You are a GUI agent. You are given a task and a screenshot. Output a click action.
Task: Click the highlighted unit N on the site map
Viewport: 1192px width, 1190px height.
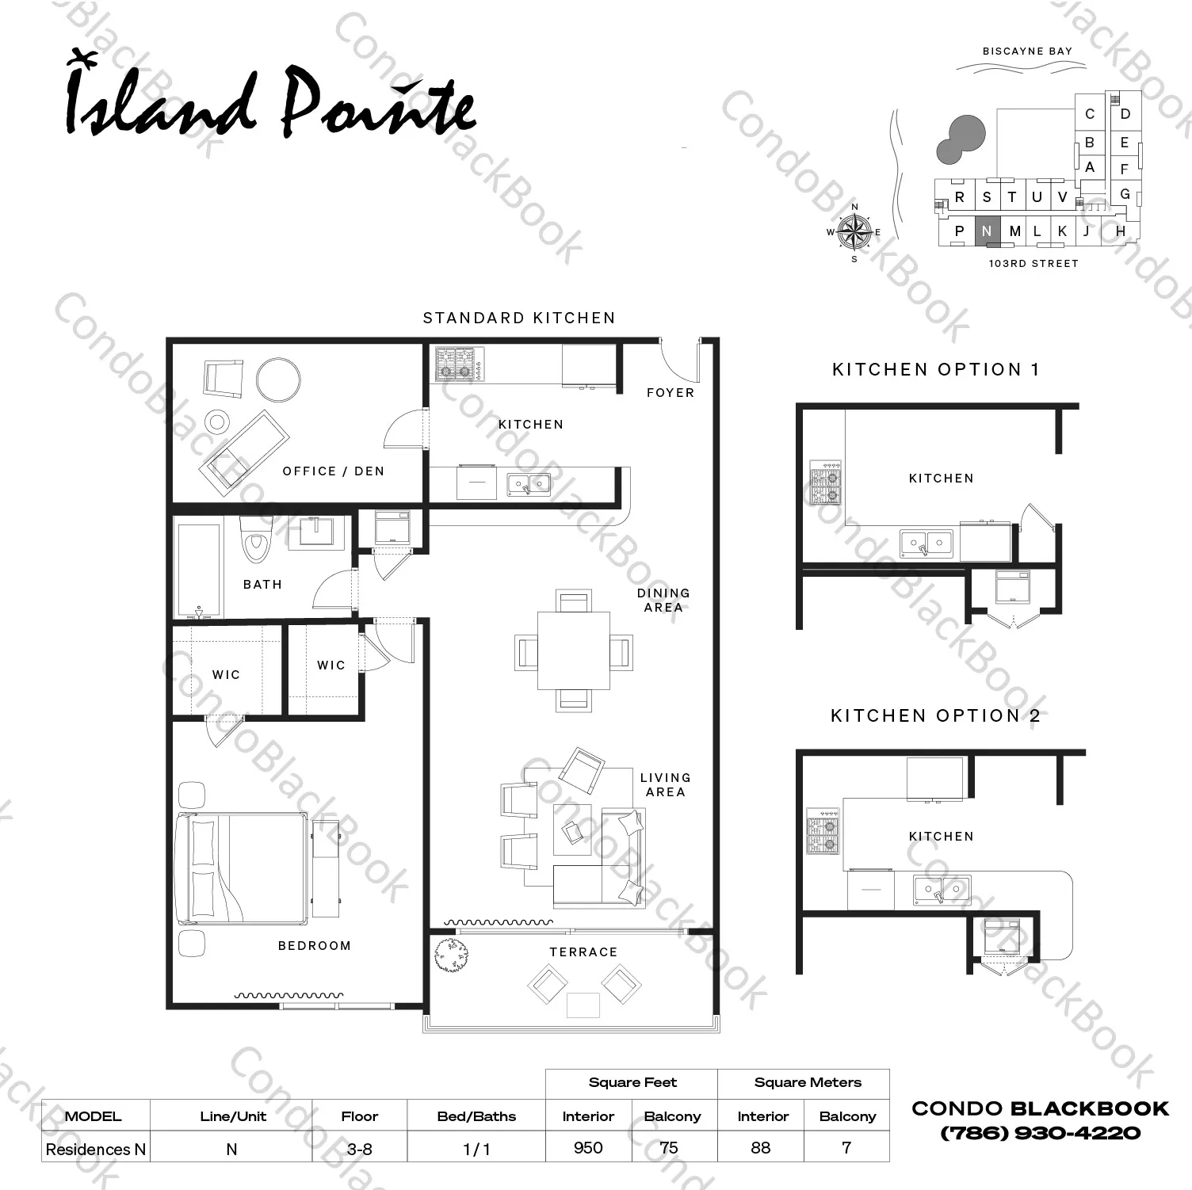pos(987,231)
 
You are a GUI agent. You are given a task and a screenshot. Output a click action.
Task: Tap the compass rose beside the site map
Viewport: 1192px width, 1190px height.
pos(854,231)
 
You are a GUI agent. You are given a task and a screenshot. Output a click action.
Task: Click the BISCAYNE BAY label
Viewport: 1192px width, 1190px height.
pos(1027,51)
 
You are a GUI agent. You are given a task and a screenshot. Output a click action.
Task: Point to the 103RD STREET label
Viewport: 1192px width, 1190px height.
pos(1033,263)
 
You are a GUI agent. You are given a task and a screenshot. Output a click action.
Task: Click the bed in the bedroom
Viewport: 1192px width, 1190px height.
pos(241,868)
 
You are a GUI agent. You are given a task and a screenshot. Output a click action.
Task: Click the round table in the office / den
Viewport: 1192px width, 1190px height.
pos(278,380)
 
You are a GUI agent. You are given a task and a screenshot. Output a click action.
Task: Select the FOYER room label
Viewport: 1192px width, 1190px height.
pos(670,392)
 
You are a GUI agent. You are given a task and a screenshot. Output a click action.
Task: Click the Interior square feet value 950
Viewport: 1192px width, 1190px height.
pos(588,1147)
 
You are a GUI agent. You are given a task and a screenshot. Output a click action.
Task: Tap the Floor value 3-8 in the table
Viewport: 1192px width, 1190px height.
pos(359,1149)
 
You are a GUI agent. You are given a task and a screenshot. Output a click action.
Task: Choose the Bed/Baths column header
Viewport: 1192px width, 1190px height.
pos(476,1116)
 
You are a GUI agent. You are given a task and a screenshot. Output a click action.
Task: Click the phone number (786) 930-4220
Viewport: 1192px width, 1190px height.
pos(1041,1133)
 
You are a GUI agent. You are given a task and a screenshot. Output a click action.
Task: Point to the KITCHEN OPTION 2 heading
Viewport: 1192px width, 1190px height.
pos(935,715)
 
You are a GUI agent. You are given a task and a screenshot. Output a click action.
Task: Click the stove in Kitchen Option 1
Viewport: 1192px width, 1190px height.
pos(825,483)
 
